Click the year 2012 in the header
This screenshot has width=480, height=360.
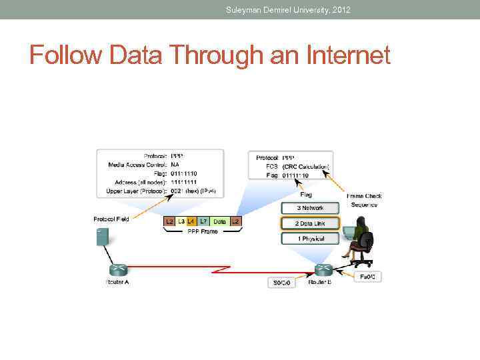(x=339, y=9)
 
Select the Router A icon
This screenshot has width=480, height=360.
(x=118, y=269)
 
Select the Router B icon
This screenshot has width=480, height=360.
(x=323, y=269)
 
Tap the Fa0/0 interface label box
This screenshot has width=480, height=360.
(x=368, y=276)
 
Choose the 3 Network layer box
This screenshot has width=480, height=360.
(x=310, y=208)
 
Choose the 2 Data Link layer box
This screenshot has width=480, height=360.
(x=310, y=223)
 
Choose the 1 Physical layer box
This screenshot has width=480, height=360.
(x=310, y=238)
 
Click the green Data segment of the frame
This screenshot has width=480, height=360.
(x=219, y=221)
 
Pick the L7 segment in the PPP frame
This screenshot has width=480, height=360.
(x=203, y=221)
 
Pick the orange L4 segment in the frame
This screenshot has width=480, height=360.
(x=191, y=221)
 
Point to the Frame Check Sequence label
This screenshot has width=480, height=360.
(x=364, y=200)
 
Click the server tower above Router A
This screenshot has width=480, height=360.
(x=103, y=237)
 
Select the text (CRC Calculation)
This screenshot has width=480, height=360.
(x=305, y=166)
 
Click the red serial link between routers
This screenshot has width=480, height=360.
(x=220, y=269)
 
